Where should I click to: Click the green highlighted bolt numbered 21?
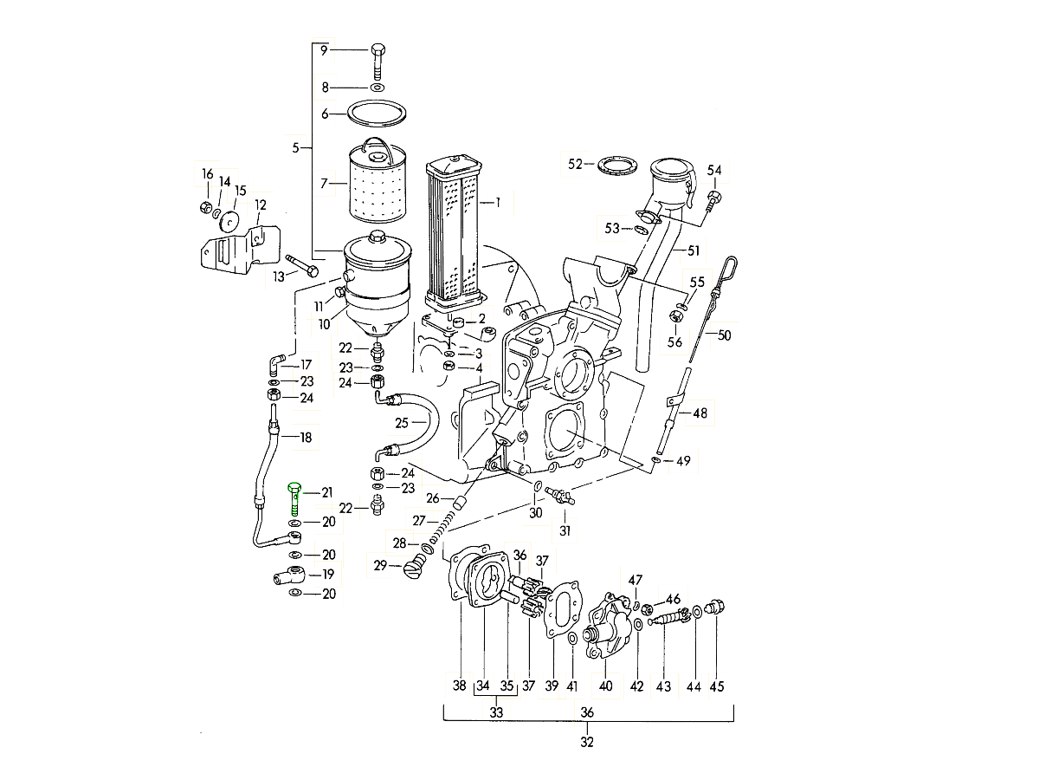(x=295, y=498)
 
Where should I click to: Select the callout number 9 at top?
(x=325, y=50)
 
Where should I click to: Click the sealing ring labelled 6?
(x=378, y=113)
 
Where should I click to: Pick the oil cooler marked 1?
(x=452, y=230)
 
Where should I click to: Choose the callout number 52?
(x=576, y=164)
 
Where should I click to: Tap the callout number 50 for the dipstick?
(x=725, y=335)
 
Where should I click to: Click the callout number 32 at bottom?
(x=588, y=743)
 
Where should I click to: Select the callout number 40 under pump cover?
(x=606, y=686)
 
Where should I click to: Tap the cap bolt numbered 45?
(x=716, y=608)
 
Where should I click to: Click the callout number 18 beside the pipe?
(x=305, y=438)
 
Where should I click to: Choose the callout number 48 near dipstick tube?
(x=700, y=413)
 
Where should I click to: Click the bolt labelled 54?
(x=713, y=202)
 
